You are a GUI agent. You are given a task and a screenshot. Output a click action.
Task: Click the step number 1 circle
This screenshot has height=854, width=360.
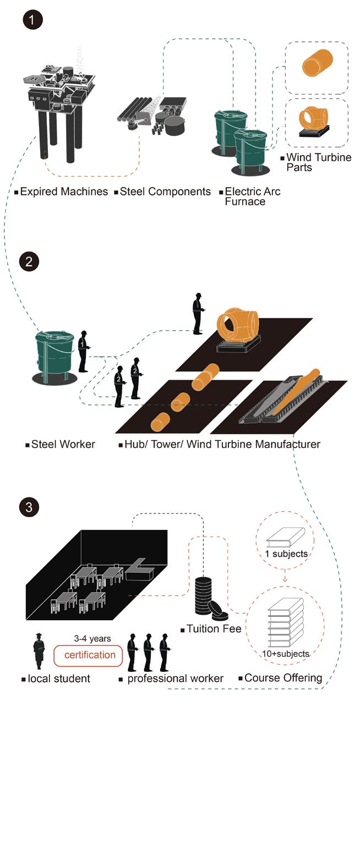tap(32, 20)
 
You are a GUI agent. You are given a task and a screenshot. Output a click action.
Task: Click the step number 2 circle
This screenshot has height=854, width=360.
tap(29, 261)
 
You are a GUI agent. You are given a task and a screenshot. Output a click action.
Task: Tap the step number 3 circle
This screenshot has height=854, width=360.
tap(29, 507)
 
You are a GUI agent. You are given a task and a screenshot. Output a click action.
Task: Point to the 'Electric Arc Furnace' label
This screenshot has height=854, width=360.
tap(252, 196)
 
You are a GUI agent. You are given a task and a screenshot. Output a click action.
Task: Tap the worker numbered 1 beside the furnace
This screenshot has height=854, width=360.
tap(83, 351)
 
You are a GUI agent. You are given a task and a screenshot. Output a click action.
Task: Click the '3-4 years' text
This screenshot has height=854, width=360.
tap(92, 639)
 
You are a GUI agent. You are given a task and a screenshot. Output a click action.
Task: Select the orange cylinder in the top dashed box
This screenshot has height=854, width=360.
tap(317, 63)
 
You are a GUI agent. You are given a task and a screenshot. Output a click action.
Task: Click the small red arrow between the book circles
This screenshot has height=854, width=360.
tap(285, 578)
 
